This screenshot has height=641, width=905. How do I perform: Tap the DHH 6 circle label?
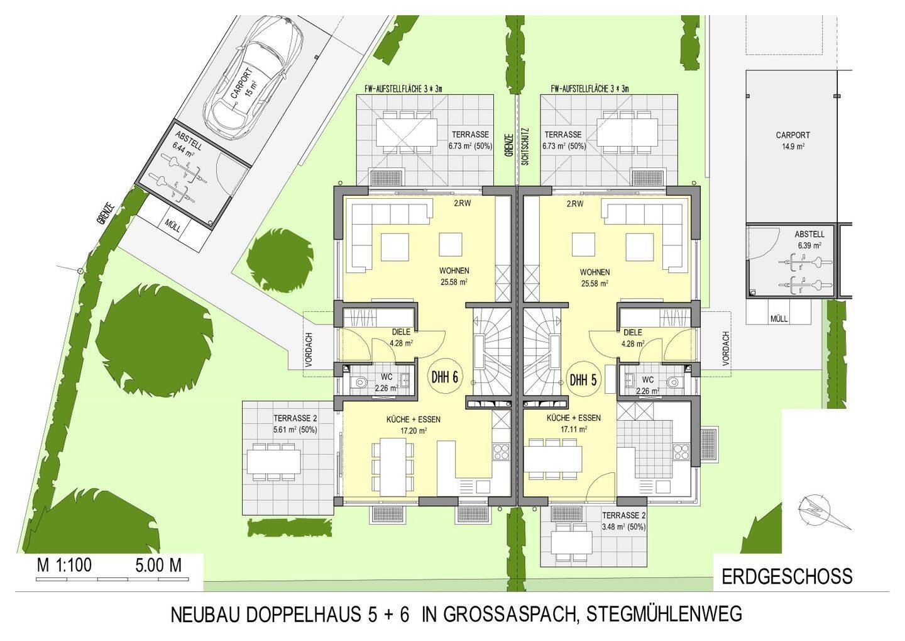click(x=444, y=379)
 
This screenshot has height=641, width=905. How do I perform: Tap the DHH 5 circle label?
click(x=583, y=380)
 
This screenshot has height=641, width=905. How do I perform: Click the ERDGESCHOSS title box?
click(x=786, y=576)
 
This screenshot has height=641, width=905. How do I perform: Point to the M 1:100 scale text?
click(x=64, y=565)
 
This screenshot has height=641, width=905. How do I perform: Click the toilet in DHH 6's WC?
click(x=359, y=381)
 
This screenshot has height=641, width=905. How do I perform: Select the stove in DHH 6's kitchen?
click(x=501, y=450)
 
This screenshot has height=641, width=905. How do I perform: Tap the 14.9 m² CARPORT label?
click(x=793, y=140)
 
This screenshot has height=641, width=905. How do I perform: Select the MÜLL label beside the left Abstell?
click(x=172, y=225)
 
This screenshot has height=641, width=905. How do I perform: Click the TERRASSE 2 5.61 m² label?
click(x=295, y=425)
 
